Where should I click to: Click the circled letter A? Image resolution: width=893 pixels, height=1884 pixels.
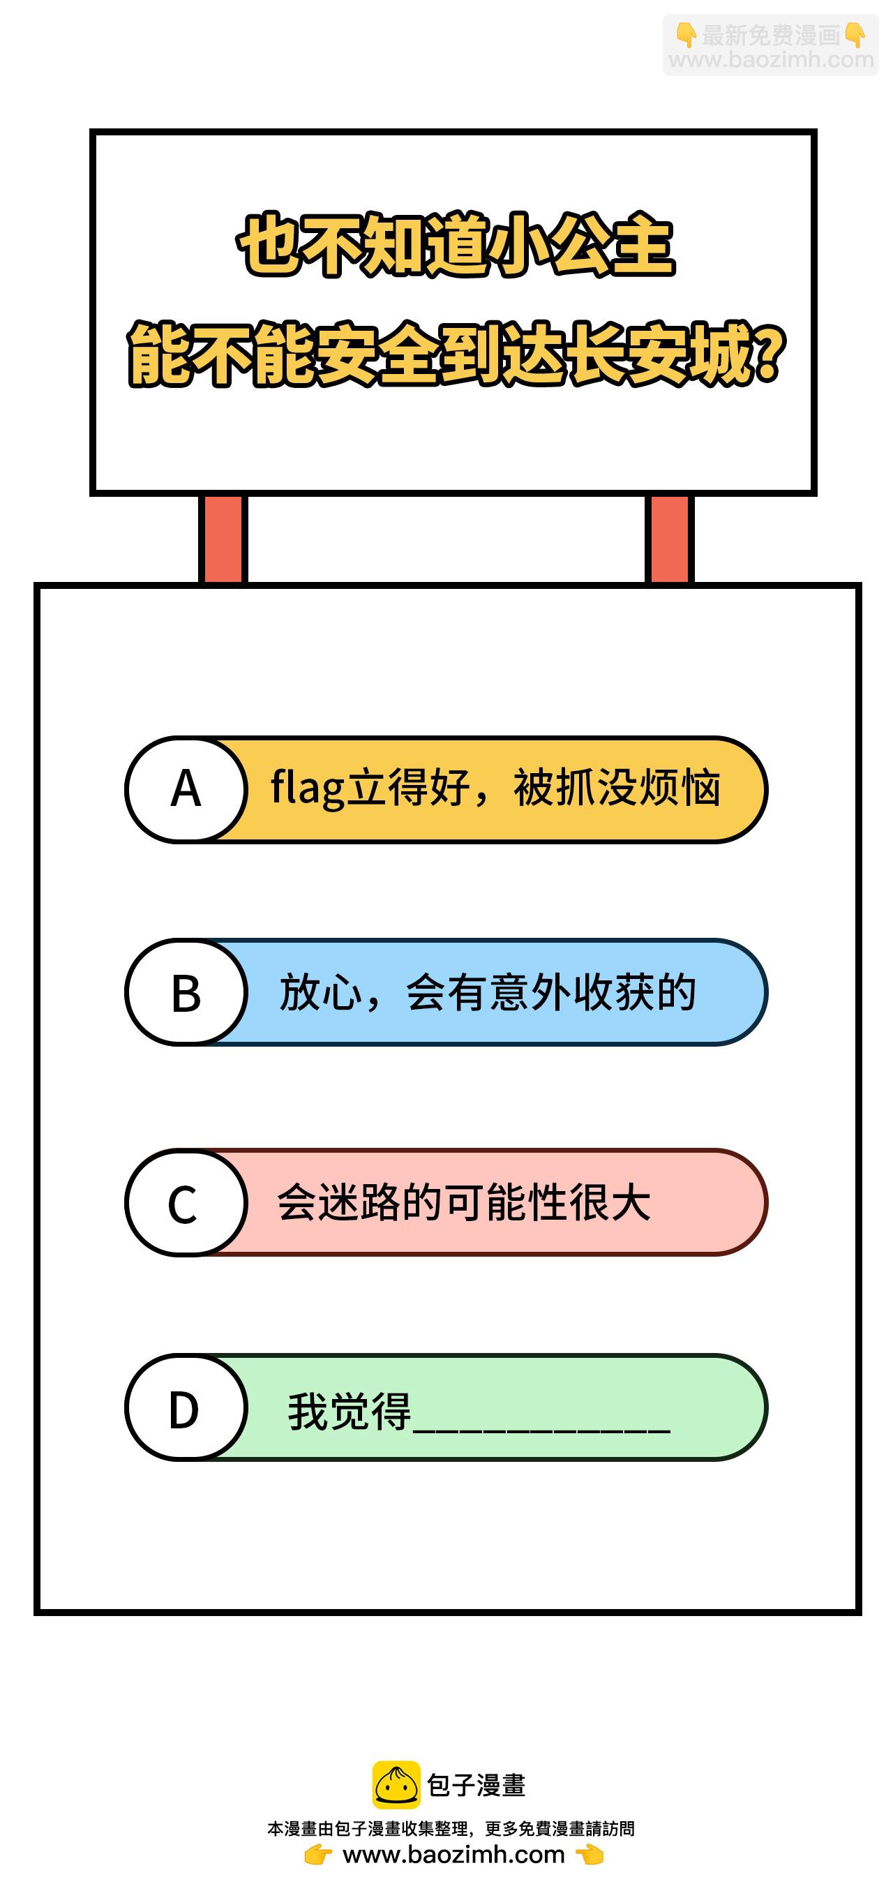pyautogui.click(x=186, y=789)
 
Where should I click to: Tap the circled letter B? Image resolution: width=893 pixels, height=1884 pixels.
pyautogui.click(x=186, y=992)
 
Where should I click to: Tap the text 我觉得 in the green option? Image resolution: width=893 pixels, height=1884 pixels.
pyautogui.click(x=350, y=1411)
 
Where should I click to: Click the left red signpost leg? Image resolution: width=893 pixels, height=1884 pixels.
pyautogui.click(x=223, y=540)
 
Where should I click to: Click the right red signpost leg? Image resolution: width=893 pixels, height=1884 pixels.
pyautogui.click(x=669, y=540)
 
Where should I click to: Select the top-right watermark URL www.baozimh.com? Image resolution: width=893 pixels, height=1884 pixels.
pyautogui.click(x=772, y=59)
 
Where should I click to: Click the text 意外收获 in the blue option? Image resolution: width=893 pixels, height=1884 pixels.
pyautogui.click(x=571, y=992)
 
